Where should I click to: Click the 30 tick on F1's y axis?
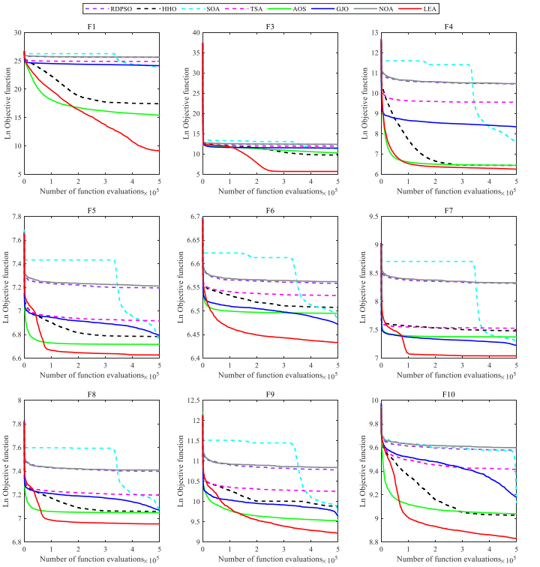(16, 33)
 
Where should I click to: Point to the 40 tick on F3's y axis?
(195, 33)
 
